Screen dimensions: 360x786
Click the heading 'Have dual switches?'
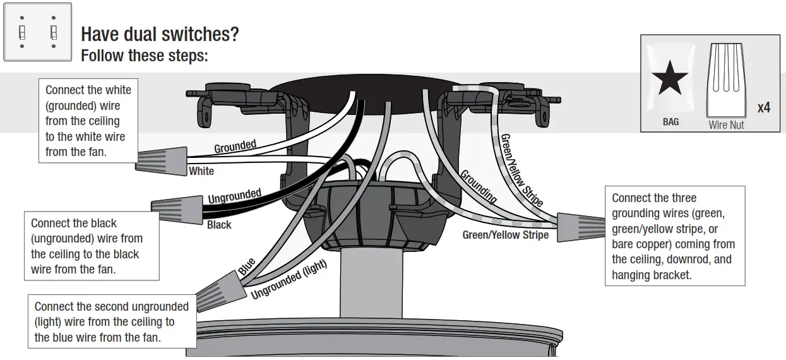(160, 34)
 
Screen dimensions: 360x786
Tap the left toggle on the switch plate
(23, 32)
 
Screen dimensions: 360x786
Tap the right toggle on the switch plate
(54, 32)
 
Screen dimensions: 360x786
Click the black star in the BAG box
(670, 79)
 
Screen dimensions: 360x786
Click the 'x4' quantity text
(763, 108)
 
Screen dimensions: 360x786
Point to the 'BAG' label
(670, 122)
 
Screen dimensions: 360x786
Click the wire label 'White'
(201, 171)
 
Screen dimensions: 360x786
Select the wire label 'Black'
(219, 225)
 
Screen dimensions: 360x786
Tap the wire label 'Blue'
(247, 267)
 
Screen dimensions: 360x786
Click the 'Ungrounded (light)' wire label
(289, 280)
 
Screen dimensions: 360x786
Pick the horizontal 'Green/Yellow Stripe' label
(505, 235)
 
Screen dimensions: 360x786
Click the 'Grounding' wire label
(478, 186)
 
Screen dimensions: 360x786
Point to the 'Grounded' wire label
(235, 147)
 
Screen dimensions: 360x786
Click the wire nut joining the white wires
(162, 160)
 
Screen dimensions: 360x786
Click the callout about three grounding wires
(674, 236)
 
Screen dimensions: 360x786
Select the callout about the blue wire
(112, 322)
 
